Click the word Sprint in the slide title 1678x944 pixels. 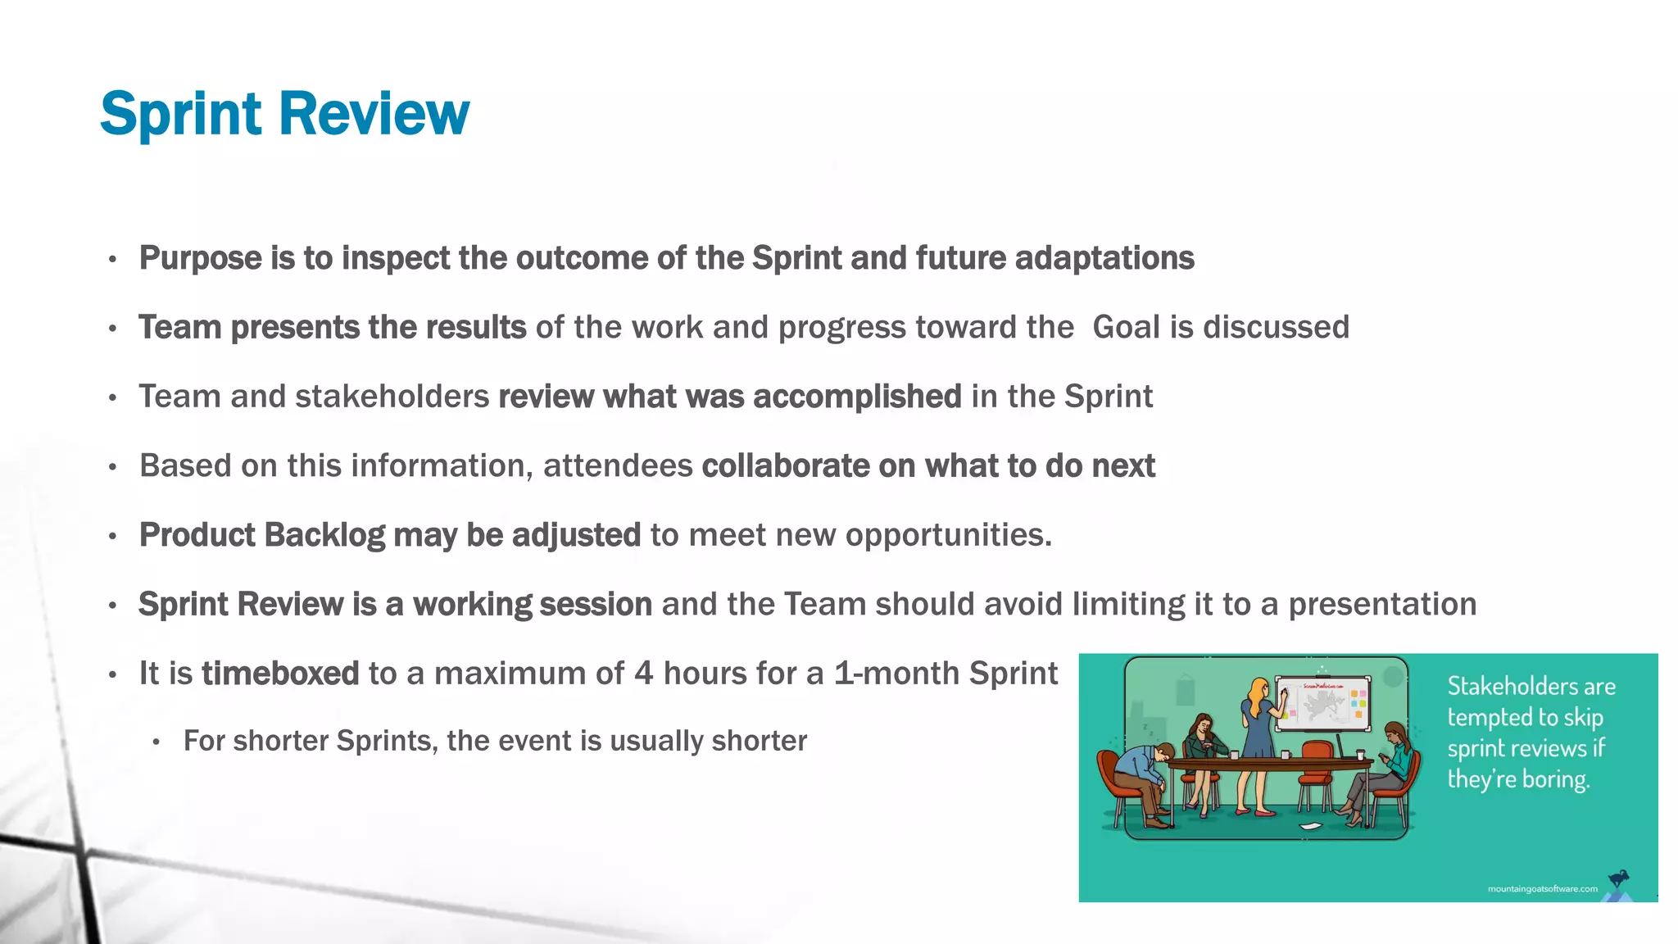(180, 114)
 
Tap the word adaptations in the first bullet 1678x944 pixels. (1104, 258)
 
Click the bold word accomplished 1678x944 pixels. (857, 397)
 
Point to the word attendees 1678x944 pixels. (618, 465)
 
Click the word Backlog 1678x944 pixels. (324, 535)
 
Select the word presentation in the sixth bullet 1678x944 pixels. (1382, 604)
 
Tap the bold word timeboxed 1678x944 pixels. (280, 674)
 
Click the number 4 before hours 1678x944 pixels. (643, 674)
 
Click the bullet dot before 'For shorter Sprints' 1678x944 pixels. (156, 742)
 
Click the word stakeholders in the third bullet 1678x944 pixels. (392, 397)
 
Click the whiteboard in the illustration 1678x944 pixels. (1323, 703)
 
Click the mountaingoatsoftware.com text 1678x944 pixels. (1542, 889)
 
